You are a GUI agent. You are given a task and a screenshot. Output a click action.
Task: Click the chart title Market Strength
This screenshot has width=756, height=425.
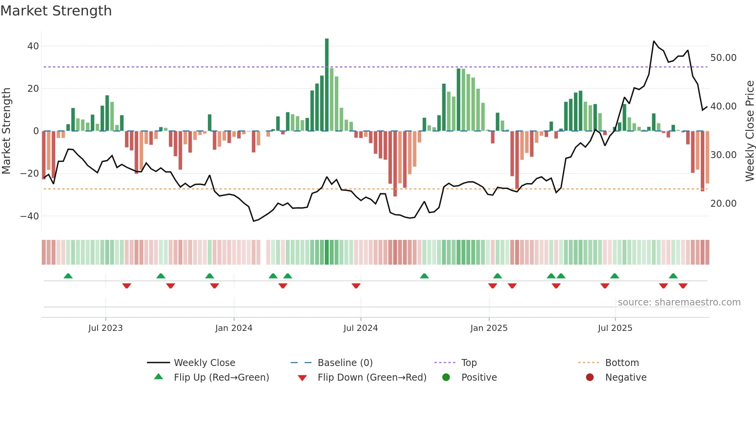(56, 11)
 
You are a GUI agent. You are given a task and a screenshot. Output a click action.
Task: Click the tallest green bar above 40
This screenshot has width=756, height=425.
(327, 85)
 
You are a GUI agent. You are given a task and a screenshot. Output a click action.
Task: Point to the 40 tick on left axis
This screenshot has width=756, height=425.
(33, 46)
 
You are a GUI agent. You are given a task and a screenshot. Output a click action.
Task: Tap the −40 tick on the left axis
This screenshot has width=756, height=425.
(30, 216)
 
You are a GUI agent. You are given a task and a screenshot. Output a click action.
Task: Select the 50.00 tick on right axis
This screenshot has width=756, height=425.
(723, 58)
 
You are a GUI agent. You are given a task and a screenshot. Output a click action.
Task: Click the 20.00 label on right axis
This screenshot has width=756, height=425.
(723, 204)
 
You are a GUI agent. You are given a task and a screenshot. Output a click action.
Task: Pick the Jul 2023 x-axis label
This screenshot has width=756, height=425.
(105, 328)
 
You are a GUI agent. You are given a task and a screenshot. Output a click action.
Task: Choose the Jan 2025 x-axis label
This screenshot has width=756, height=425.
(489, 328)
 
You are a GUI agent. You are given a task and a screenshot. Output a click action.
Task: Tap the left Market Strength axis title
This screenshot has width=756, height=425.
(6, 131)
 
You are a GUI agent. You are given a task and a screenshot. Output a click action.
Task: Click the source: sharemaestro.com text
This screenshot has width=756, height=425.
(679, 302)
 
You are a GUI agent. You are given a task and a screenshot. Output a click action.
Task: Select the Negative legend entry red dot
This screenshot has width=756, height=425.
(590, 378)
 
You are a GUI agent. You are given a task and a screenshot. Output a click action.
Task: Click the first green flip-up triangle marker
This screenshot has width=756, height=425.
(68, 276)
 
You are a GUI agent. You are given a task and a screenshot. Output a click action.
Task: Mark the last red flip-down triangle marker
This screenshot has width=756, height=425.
(683, 286)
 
